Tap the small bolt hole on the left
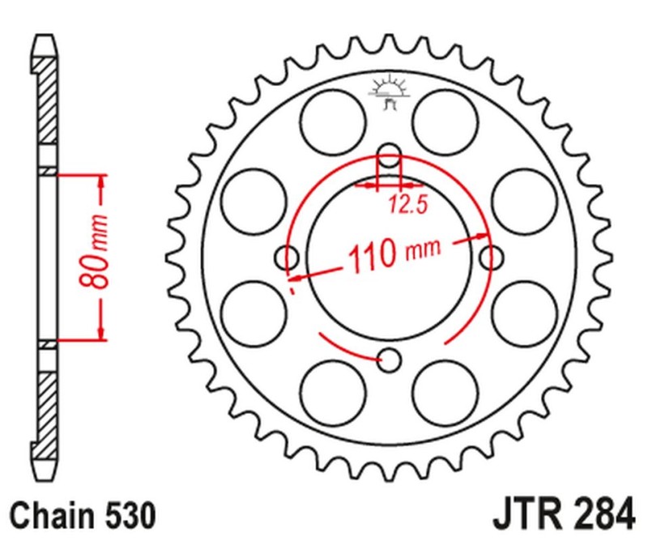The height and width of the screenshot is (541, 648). coord(287,258)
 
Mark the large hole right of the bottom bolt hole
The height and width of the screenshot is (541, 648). coord(446,393)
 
